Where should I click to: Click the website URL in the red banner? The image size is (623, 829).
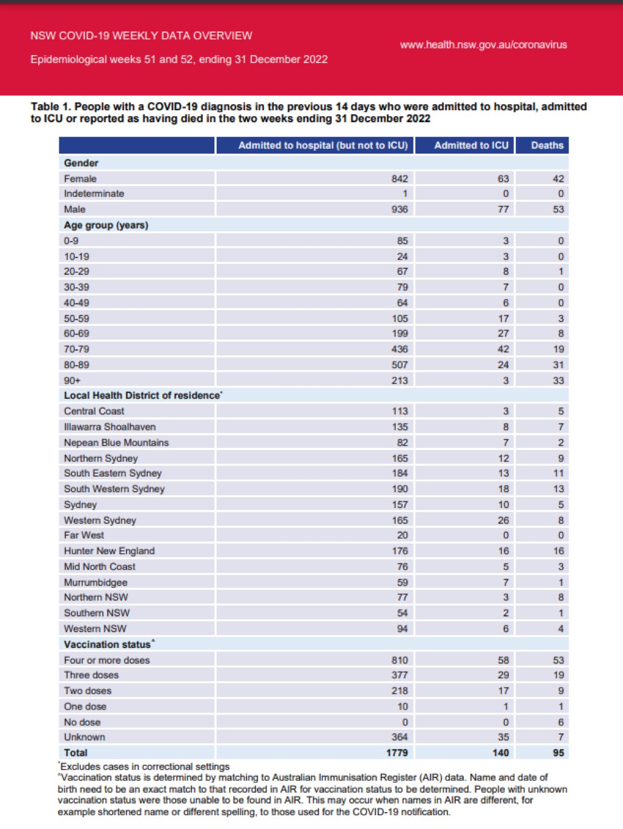pyautogui.click(x=483, y=45)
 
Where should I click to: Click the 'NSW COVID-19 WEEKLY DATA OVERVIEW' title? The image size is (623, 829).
pyautogui.click(x=141, y=36)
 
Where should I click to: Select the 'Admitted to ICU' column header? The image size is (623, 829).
pyautogui.click(x=471, y=145)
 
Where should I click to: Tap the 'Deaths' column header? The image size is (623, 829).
pyautogui.click(x=547, y=145)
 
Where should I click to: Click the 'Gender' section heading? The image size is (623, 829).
pyautogui.click(x=81, y=163)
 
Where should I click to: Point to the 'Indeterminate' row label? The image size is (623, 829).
pyautogui.click(x=94, y=194)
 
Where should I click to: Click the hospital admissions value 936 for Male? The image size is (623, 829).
pyautogui.click(x=399, y=210)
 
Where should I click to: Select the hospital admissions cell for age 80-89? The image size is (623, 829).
pyautogui.click(x=399, y=365)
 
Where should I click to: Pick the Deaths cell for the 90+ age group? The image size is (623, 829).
pyautogui.click(x=558, y=380)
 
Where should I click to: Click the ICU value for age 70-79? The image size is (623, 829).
pyautogui.click(x=503, y=349)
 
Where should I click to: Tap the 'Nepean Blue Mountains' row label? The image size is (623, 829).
pyautogui.click(x=116, y=443)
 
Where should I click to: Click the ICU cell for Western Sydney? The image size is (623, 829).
pyautogui.click(x=503, y=520)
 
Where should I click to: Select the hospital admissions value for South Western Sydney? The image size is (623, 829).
pyautogui.click(x=399, y=489)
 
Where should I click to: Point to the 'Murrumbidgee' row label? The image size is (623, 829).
pyautogui.click(x=96, y=583)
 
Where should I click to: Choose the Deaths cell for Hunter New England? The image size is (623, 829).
pyautogui.click(x=558, y=551)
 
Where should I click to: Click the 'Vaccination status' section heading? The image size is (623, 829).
pyautogui.click(x=107, y=644)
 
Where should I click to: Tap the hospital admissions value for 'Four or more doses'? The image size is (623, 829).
pyautogui.click(x=399, y=660)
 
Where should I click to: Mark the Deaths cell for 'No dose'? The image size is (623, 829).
pyautogui.click(x=560, y=722)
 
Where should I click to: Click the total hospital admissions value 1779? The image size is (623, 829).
pyautogui.click(x=397, y=753)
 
